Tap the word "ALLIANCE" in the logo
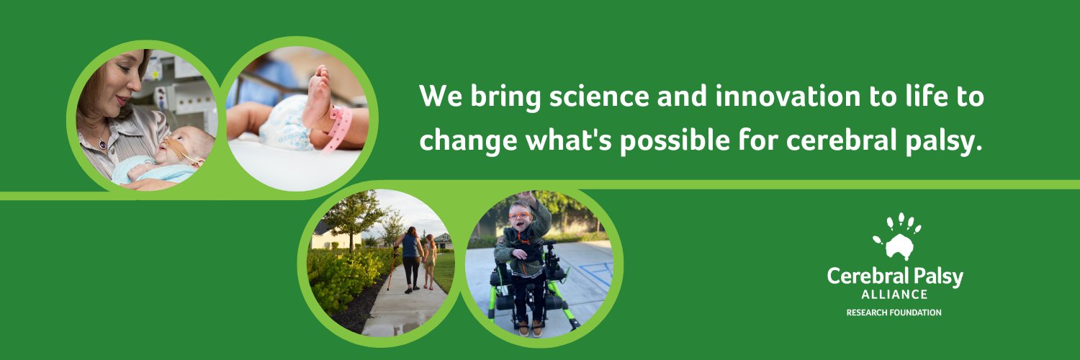pos(894,294)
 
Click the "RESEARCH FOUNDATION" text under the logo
pos(894,312)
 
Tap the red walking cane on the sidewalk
pos(392,269)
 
